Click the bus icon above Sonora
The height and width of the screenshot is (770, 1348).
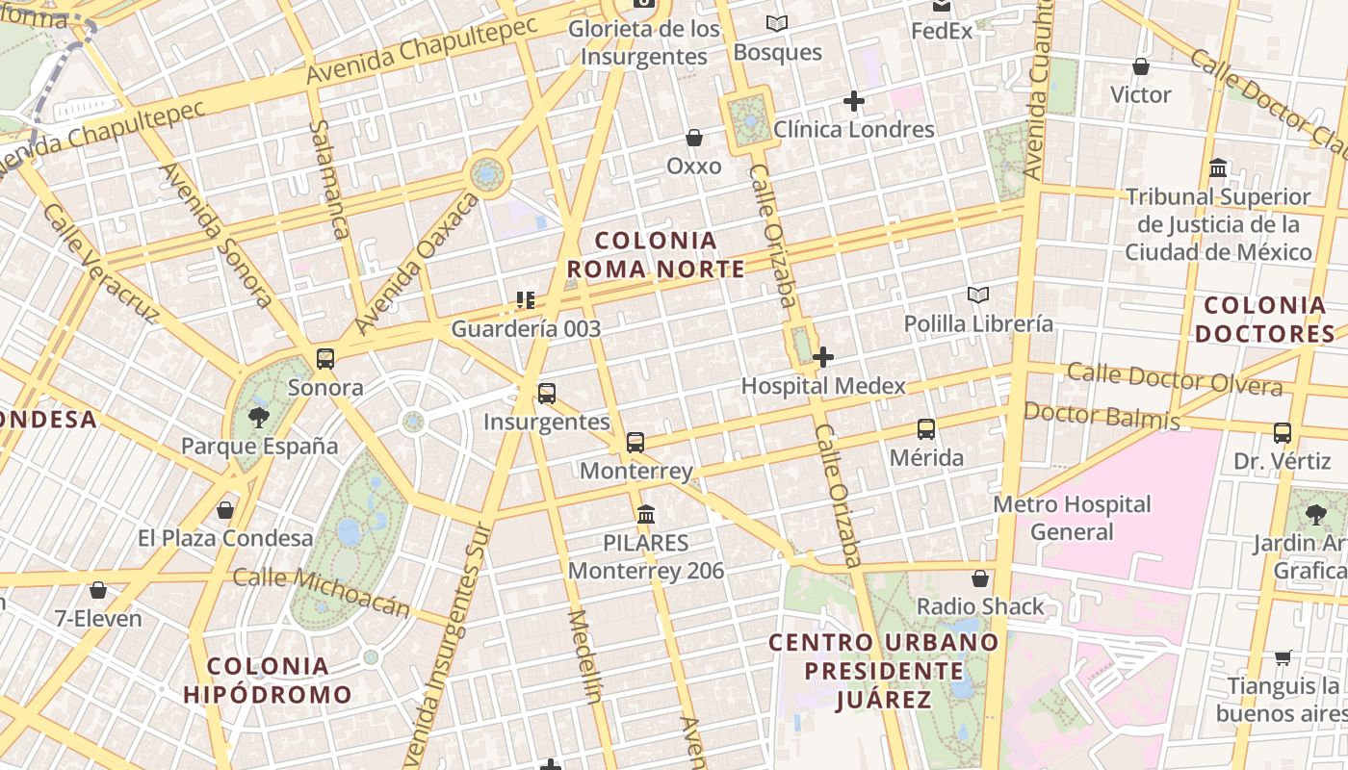[x=325, y=359]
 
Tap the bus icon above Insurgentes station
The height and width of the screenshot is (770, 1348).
[x=547, y=393]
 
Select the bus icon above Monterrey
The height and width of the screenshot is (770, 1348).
[x=635, y=443]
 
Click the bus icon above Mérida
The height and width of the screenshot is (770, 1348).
[x=926, y=428]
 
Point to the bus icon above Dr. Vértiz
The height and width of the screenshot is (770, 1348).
[x=1283, y=433]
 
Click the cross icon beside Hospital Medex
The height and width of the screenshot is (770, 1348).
[x=823, y=357]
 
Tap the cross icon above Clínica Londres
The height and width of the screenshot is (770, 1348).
[x=854, y=100]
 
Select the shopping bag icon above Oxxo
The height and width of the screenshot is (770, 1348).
[x=694, y=138]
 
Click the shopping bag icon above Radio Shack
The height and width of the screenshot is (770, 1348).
[x=980, y=577]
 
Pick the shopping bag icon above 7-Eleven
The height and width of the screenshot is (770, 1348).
[x=97, y=589]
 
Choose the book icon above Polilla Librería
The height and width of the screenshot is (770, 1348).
[x=978, y=295]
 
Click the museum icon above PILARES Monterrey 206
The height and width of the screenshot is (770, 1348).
[x=646, y=514]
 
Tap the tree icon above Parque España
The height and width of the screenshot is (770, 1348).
[x=259, y=417]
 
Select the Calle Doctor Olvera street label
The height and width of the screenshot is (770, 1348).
[x=1175, y=378]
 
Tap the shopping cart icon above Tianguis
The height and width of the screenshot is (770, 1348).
[x=1283, y=657]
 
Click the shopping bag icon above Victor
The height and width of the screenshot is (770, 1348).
[x=1141, y=66]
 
